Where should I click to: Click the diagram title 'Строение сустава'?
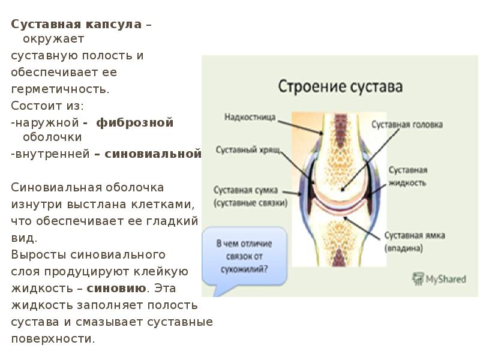pos(340,86)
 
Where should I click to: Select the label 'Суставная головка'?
pos(407,125)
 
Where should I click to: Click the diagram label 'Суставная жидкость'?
pos(406,175)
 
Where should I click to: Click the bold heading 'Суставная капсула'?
pos(77,25)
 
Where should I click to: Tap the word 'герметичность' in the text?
pos(60,89)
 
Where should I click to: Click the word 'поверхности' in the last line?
pos(53,338)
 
